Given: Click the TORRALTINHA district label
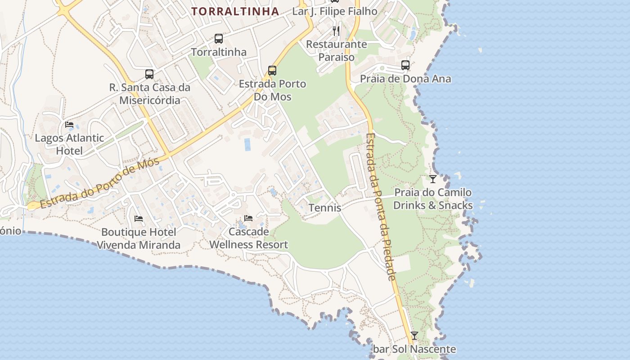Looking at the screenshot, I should [235, 11].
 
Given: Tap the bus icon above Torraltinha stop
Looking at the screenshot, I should [219, 39].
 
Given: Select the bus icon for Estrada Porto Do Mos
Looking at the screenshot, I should [272, 71].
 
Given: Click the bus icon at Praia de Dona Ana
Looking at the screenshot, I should [405, 65].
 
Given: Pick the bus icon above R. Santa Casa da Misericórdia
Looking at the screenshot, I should [149, 74].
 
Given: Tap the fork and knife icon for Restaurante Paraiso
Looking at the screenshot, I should [336, 31].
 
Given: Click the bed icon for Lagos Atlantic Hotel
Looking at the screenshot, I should [69, 125].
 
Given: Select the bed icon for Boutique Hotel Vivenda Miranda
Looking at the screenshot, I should [139, 219].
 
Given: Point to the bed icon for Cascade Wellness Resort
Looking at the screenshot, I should [248, 219].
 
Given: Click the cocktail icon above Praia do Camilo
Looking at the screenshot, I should [433, 179].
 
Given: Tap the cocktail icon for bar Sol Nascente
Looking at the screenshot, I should [414, 336].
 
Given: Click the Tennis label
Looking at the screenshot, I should [325, 208].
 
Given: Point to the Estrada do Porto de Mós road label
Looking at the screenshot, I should [99, 183].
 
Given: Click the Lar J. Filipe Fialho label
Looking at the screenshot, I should [335, 11].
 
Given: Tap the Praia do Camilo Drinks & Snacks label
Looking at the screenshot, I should [433, 199].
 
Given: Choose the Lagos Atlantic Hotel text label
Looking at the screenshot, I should [69, 144].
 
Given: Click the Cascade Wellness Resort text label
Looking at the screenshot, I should [249, 238].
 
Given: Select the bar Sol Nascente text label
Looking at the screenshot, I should [414, 349].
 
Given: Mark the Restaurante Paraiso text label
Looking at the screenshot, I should [337, 51].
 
